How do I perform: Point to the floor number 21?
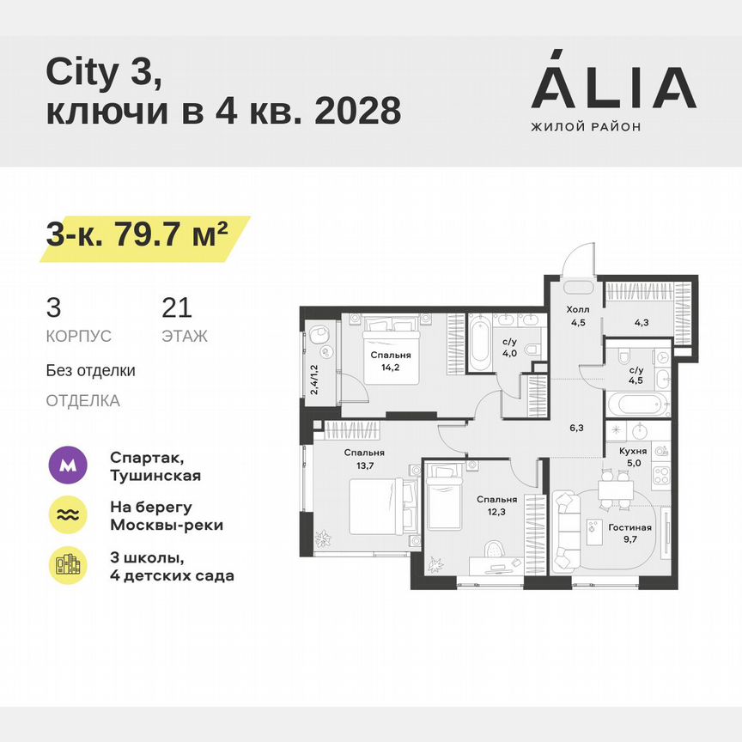click(176, 307)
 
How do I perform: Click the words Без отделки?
click(91, 371)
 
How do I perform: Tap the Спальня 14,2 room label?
click(391, 361)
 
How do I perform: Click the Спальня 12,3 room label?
click(498, 507)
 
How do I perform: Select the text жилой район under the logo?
click(587, 126)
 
